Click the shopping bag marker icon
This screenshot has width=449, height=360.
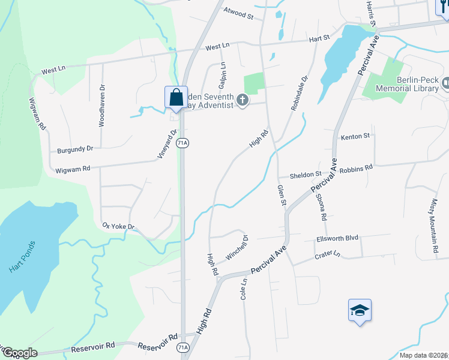[176, 97]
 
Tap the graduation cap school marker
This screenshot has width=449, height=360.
[360, 310]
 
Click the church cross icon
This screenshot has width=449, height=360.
[243, 100]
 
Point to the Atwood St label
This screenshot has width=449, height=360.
[238, 13]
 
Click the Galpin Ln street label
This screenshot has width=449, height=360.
[223, 73]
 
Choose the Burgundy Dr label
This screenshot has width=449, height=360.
[76, 149]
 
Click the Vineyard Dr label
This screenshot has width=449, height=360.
[169, 144]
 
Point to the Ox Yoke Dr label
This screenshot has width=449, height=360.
[118, 227]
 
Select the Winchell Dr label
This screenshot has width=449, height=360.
[237, 248]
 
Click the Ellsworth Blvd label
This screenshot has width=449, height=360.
[337, 238]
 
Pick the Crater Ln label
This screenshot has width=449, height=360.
[328, 256]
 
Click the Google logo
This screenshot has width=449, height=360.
[20, 353]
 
